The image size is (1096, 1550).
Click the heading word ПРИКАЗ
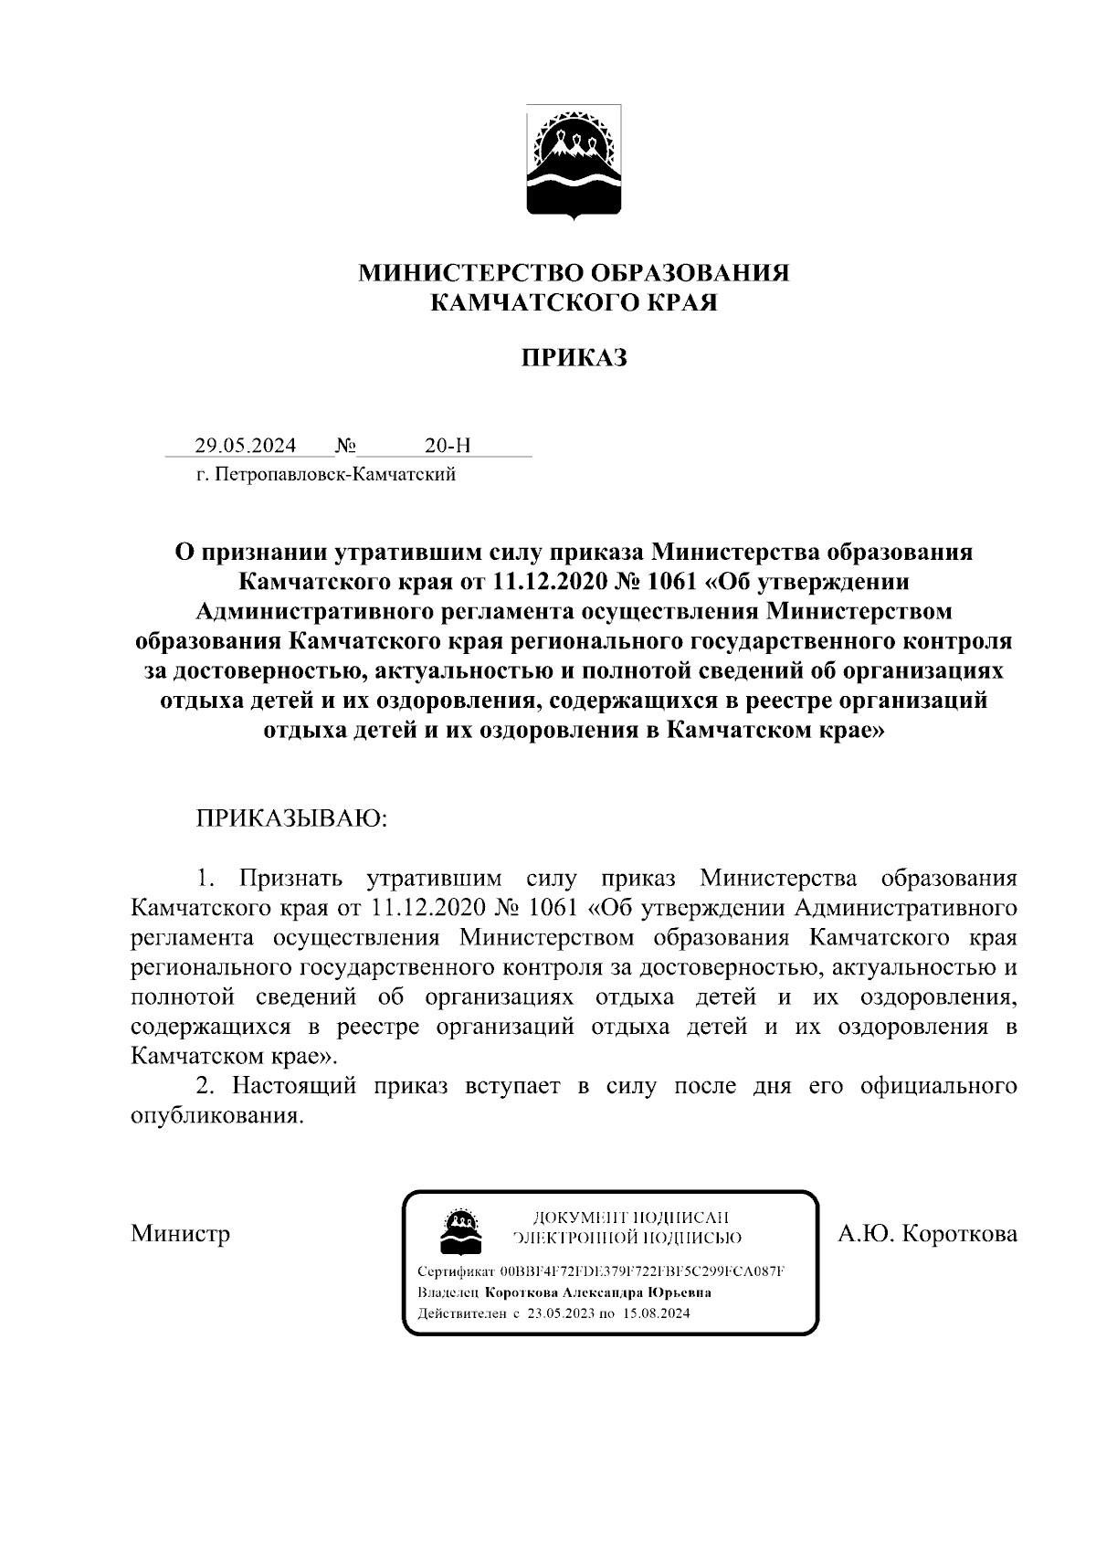tap(574, 358)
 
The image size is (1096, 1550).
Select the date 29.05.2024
tap(245, 446)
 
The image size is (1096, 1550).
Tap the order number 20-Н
tap(448, 446)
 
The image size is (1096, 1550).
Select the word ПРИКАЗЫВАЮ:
tap(291, 817)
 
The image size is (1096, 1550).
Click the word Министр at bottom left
tap(180, 1234)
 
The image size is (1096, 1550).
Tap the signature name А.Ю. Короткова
tap(928, 1234)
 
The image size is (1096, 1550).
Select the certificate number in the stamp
tap(643, 1271)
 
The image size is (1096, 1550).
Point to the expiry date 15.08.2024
tap(657, 1313)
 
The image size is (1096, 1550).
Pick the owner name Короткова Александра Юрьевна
tap(598, 1292)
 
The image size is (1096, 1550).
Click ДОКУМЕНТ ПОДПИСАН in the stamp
tap(630, 1217)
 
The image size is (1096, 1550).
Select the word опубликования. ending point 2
tap(216, 1116)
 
